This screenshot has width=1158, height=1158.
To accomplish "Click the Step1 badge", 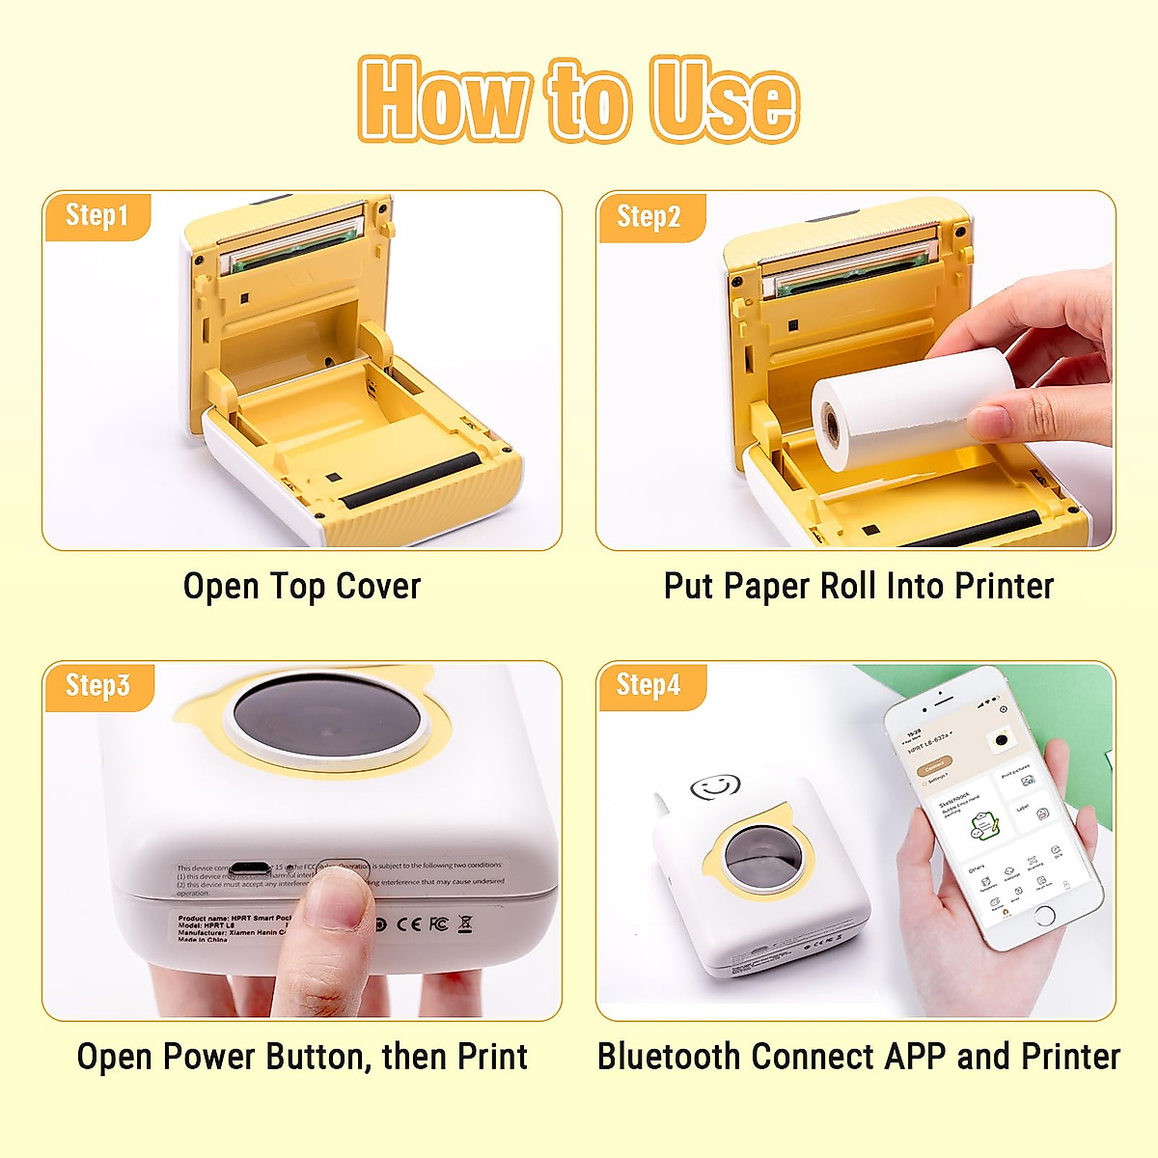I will pos(96,215).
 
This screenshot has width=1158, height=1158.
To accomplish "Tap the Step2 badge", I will pos(648,216).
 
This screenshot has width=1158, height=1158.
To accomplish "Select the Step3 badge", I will pos(96,685).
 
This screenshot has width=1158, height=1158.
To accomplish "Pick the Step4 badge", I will pos(648,685).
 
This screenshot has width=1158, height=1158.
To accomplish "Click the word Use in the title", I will pos(724,98).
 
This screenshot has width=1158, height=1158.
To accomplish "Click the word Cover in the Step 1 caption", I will pos(378,586).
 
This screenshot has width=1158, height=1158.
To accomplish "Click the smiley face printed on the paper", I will pos(716,786).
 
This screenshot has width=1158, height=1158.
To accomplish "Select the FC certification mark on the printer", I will pos(438,924).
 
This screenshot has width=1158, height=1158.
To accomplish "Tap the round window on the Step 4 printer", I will pos(758,855).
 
